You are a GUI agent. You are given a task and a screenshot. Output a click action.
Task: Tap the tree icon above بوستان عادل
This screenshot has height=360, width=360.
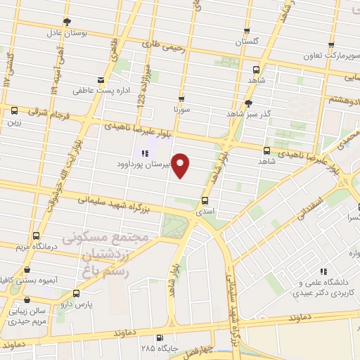pos(66,22)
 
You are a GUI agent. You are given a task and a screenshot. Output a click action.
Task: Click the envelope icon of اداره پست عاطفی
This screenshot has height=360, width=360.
pos(101,80)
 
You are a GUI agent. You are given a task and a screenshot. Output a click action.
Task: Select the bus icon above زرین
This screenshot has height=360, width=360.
pos(14,110)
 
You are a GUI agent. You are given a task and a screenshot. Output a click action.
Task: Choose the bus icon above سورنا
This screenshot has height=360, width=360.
pos(181,99)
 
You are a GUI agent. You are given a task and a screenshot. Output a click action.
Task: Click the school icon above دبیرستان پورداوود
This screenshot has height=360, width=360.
pos(144,153)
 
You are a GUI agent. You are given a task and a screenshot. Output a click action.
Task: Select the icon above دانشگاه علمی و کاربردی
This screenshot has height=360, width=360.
pos(323,271)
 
